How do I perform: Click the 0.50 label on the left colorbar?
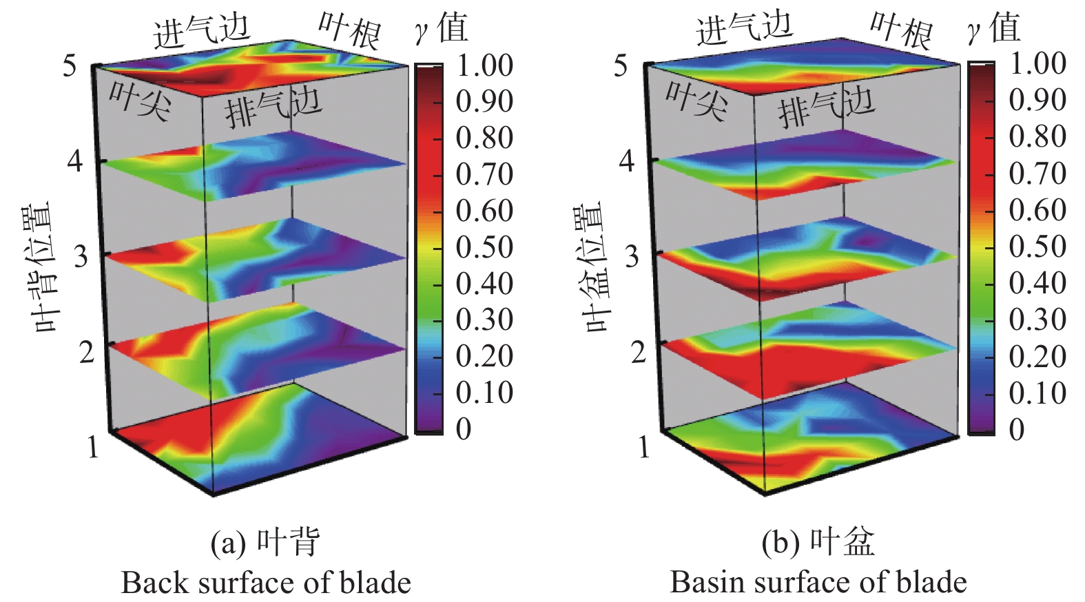tap(484, 247)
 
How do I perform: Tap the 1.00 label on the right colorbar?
tap(1037, 65)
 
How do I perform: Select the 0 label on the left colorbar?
tap(464, 429)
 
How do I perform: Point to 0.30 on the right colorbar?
tap(1037, 319)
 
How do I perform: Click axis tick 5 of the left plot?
tap(70, 65)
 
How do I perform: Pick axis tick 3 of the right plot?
tap(632, 256)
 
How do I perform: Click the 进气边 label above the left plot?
tap(201, 32)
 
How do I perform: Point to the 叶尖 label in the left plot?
tap(139, 101)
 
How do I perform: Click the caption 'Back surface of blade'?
tap(266, 583)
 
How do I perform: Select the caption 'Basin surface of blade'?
tap(818, 583)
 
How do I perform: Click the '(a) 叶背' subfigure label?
tap(265, 543)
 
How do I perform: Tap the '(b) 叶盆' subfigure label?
tap(818, 543)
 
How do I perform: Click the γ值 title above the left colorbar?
tap(442, 28)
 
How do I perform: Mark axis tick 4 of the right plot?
tap(627, 161)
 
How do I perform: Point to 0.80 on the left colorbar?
tap(484, 138)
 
